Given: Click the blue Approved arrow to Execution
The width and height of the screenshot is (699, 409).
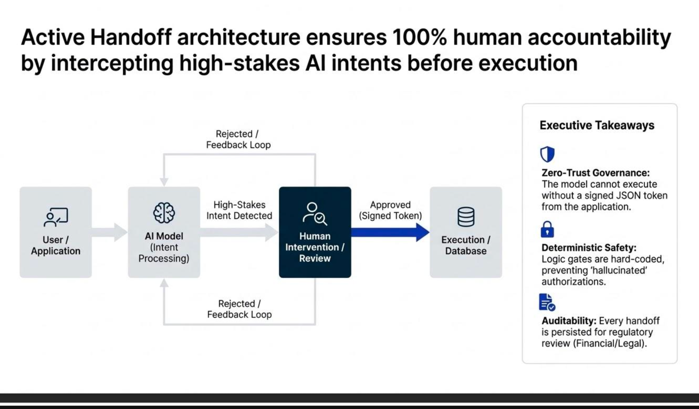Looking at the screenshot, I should point(389,232).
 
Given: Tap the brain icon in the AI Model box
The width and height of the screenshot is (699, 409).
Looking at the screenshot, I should point(164,213).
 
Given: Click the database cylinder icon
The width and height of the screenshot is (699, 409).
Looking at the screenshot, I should point(466,217).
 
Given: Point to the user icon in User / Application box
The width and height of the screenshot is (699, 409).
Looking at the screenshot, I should point(56,217).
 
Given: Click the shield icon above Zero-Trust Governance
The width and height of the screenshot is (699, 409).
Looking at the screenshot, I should point(547,155).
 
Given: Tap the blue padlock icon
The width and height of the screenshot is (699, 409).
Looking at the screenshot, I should point(547,229).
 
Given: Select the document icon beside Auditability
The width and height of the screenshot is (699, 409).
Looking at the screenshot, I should point(547,302).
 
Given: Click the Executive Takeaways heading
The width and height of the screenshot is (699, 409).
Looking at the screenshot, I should point(597,125).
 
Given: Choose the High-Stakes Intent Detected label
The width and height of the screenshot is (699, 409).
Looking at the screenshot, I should point(239,210).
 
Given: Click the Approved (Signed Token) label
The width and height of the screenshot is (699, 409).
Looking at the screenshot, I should point(390,210).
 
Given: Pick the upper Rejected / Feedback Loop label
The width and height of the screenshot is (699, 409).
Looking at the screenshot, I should point(238,139).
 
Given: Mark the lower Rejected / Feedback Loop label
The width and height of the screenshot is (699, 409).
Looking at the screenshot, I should point(239,309).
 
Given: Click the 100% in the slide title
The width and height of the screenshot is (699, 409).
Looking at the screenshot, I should point(419,37).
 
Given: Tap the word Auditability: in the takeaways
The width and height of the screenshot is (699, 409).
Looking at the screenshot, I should point(569,321).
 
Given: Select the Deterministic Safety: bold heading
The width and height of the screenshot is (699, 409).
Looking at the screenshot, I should point(588,247).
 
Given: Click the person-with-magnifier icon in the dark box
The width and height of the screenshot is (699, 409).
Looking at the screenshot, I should point(315,214).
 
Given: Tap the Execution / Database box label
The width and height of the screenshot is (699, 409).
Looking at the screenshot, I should point(466,245).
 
